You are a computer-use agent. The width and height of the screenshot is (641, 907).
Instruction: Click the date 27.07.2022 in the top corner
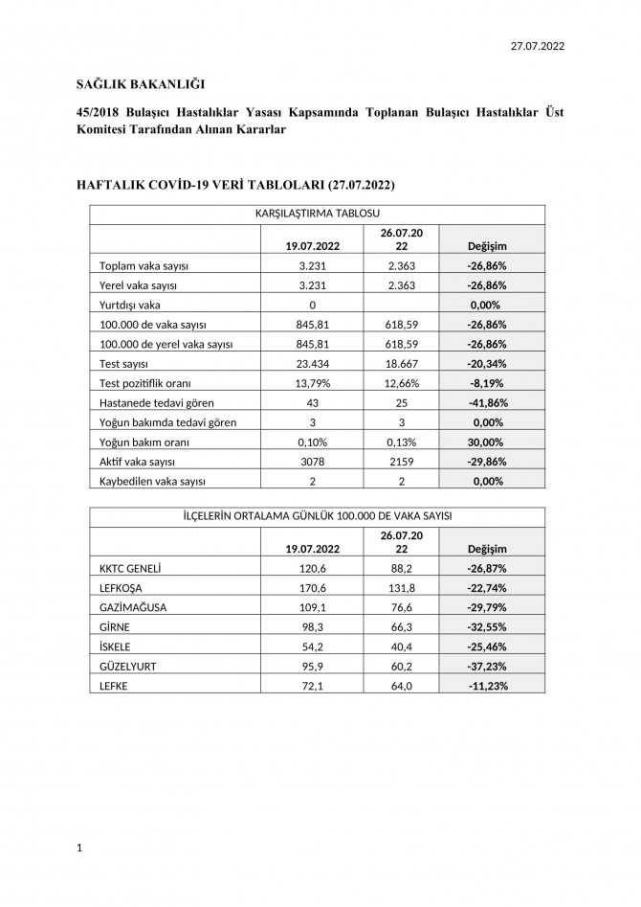click(x=537, y=45)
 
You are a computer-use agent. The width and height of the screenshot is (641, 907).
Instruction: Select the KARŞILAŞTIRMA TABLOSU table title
click(x=318, y=214)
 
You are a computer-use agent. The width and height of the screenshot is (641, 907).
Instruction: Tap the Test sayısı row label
click(x=129, y=363)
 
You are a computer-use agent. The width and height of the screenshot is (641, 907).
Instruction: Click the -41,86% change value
click(x=487, y=402)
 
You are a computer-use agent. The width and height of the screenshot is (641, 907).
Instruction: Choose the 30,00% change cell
click(x=487, y=442)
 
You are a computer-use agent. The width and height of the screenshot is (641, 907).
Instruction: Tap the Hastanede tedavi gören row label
click(x=157, y=402)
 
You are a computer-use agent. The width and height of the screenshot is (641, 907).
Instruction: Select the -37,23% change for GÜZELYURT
click(x=487, y=667)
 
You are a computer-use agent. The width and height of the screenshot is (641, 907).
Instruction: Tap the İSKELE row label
click(x=116, y=646)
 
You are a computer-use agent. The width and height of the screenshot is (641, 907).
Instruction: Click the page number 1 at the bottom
click(x=79, y=848)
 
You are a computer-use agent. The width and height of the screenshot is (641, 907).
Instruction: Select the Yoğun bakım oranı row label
click(x=144, y=442)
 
